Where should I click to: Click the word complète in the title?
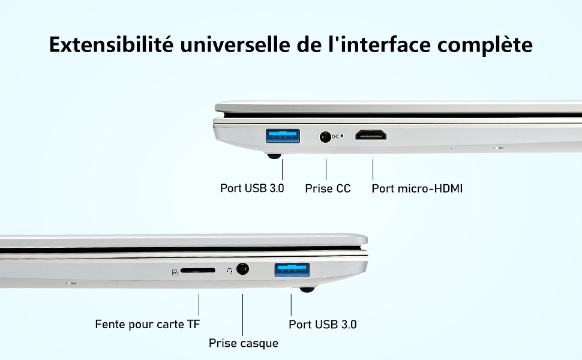[x=487, y=44]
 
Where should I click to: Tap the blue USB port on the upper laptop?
[x=282, y=136]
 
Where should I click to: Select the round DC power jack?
[x=326, y=137]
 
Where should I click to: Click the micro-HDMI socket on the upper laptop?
[x=371, y=135]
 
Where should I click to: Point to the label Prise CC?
[x=328, y=188]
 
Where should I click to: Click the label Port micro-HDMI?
[x=417, y=188]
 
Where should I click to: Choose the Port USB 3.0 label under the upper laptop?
[x=252, y=188]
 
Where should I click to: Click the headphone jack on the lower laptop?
[x=243, y=269]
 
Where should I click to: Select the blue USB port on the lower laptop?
[x=292, y=270]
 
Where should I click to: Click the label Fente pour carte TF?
[x=148, y=325]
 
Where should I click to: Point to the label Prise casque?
[x=244, y=344]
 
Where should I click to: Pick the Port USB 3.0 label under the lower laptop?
[x=323, y=325]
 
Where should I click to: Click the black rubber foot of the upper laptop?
[x=274, y=156]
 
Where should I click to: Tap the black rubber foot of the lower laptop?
[x=307, y=290]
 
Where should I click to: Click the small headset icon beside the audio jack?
[x=229, y=271]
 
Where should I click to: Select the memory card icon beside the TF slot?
[x=175, y=272]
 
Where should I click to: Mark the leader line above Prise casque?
[x=243, y=315]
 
